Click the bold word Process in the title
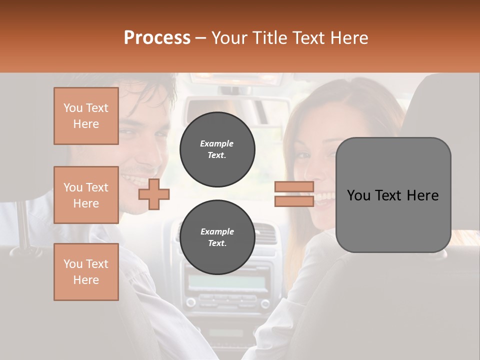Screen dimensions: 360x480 tap(157, 38)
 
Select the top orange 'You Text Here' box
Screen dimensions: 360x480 tap(86, 116)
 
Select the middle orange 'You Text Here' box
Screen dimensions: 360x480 tap(86, 195)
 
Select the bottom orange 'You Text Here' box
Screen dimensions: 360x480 tap(86, 272)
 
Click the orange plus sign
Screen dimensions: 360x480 tap(153, 194)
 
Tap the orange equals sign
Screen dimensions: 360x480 tap(294, 194)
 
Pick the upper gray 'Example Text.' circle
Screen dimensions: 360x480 tap(217, 149)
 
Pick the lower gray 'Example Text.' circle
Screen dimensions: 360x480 tap(217, 237)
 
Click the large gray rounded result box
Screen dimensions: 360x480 tap(393, 195)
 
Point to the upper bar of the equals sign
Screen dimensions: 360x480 tap(294, 187)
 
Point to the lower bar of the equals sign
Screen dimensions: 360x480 tap(294, 201)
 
